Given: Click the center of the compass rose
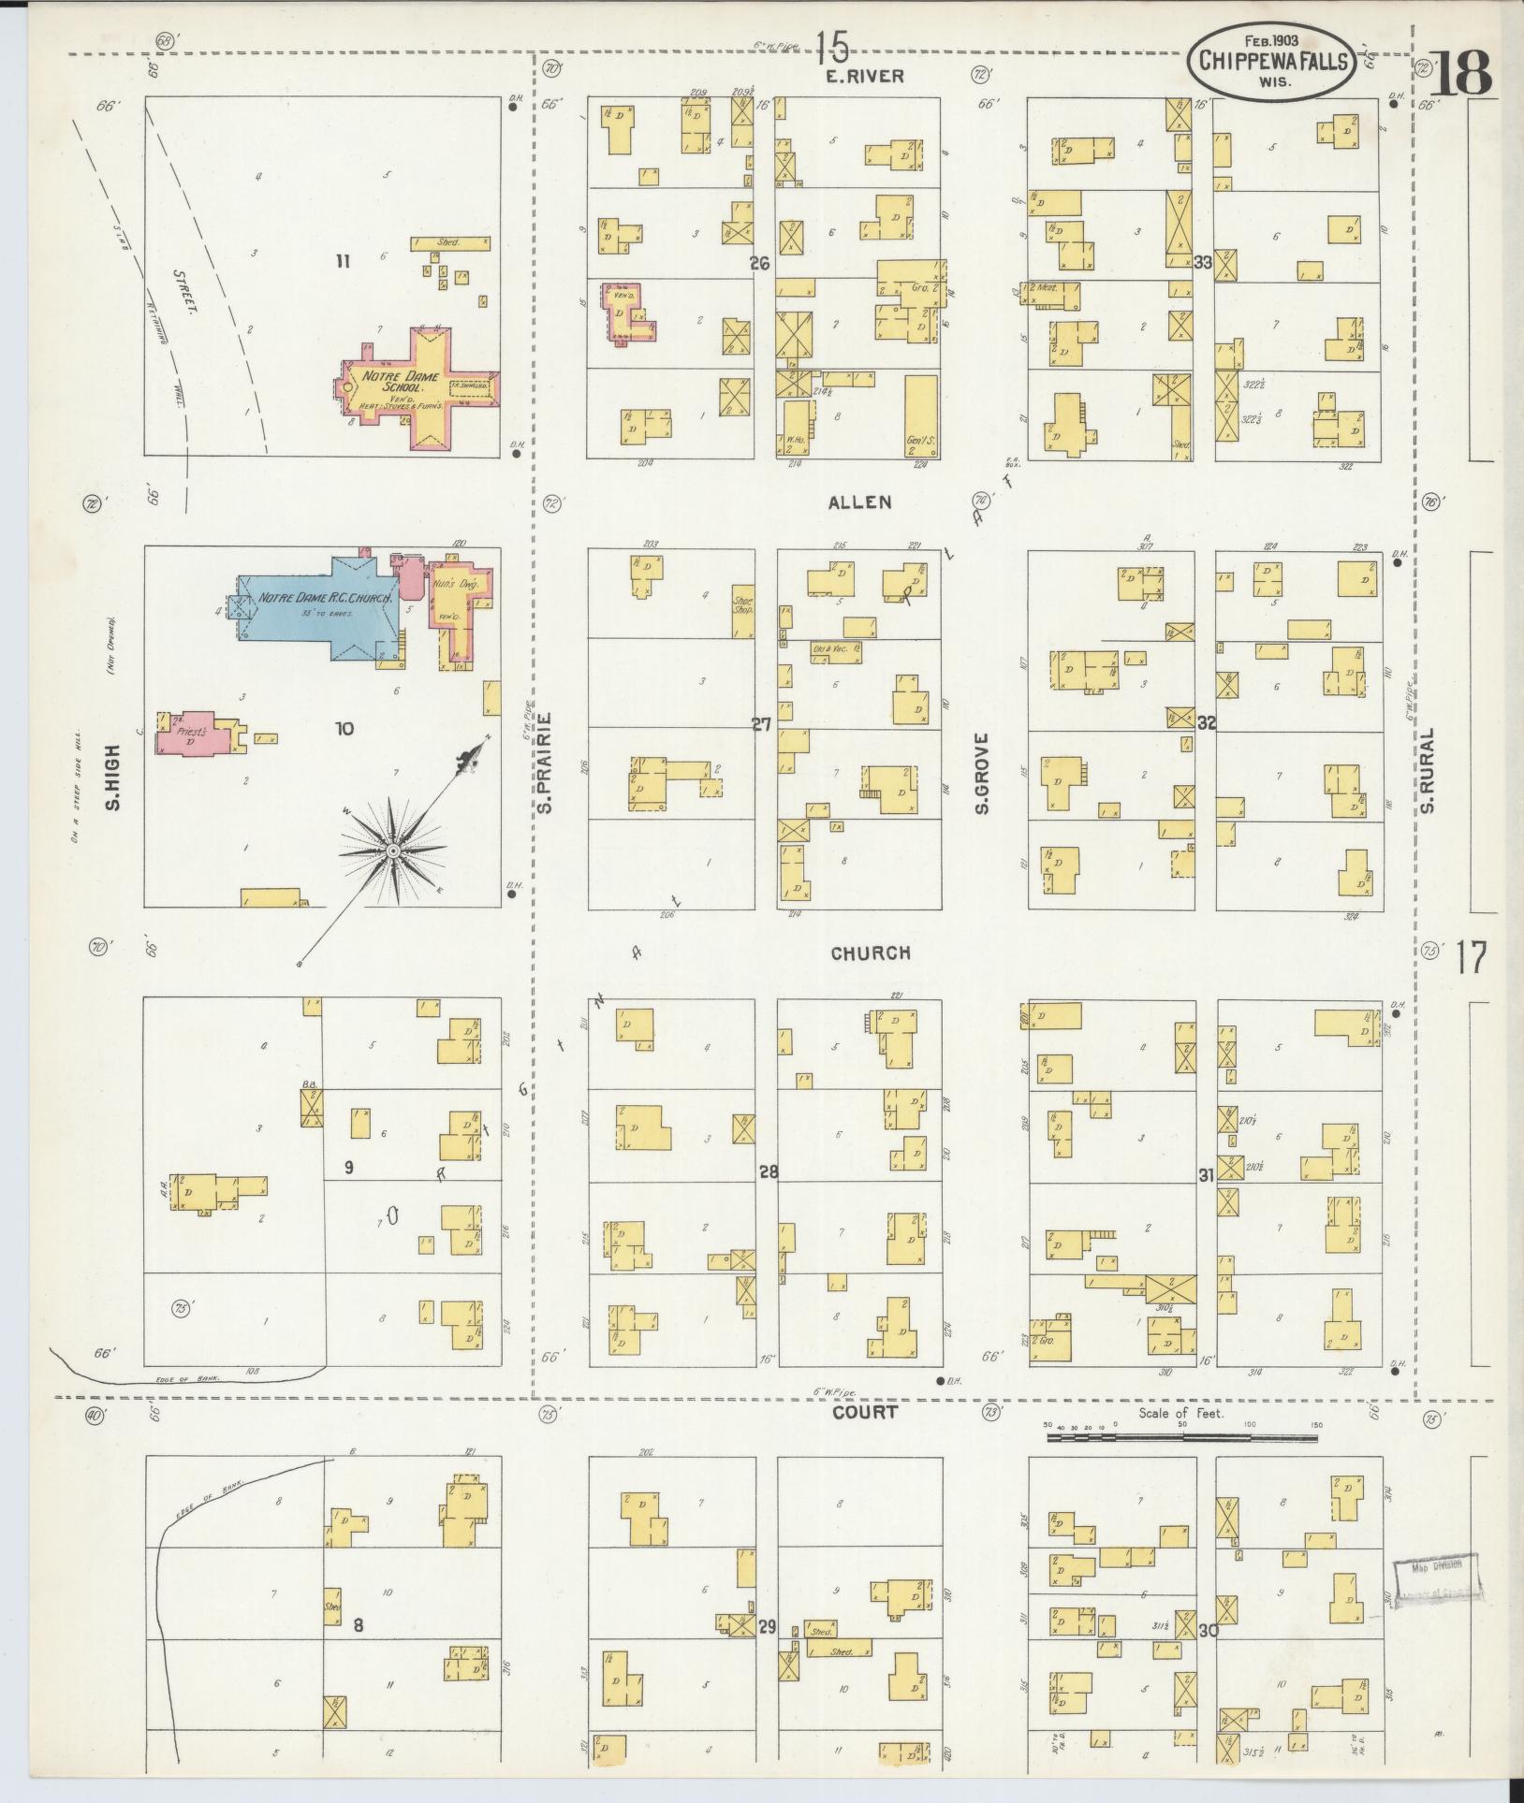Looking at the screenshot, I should (x=393, y=850).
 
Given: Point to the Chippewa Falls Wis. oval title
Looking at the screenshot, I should (x=1270, y=61).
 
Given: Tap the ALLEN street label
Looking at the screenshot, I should (x=859, y=502).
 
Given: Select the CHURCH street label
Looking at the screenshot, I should (x=871, y=952).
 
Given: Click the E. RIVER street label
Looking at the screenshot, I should (x=865, y=78).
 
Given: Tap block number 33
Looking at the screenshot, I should (x=1203, y=263).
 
